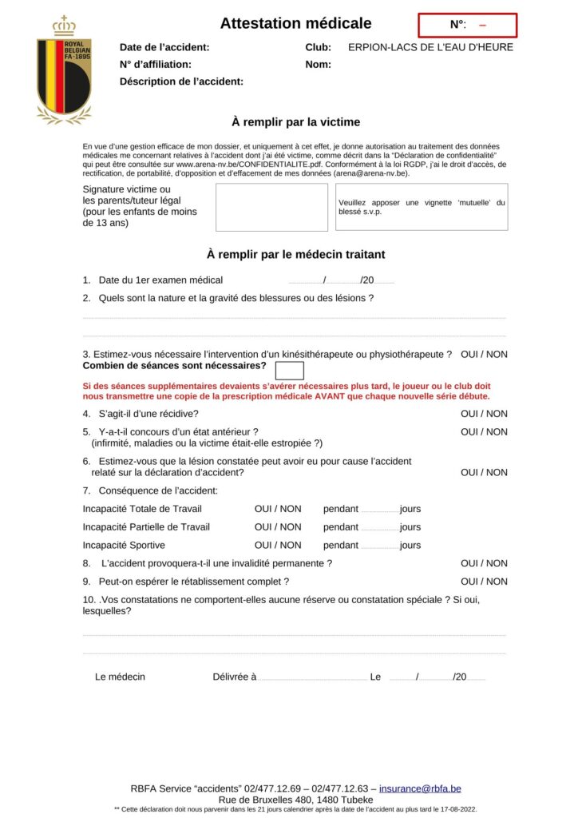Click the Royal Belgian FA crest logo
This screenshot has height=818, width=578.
pos(64,70)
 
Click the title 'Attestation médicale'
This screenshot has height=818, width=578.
pos(295,23)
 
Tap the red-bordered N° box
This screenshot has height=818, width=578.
pos(467,26)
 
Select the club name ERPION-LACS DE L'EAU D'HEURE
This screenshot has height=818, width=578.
pos(430,47)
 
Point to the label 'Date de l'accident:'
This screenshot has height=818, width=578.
pos(164,47)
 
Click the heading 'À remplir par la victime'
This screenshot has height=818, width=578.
pos(295,122)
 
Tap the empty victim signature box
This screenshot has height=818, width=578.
pos(271,207)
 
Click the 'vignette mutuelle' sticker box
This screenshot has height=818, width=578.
pos(421,207)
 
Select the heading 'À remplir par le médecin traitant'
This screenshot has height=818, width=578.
pos(295,255)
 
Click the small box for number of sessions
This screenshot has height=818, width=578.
pos(289,370)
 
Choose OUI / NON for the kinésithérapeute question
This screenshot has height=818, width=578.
pos(484,354)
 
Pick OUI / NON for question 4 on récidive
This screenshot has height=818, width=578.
pos(484,414)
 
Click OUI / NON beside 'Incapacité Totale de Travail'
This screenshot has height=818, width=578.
pos(278,509)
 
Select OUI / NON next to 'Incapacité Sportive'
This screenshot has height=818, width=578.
pos(278,545)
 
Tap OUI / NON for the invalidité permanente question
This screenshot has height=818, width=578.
pos(484,563)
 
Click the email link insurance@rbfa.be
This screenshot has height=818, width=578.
pos(420,788)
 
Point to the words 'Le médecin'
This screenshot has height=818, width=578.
pos(120,677)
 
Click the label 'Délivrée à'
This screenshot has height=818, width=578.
pos(234,677)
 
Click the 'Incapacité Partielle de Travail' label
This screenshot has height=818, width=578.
pos(146,527)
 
